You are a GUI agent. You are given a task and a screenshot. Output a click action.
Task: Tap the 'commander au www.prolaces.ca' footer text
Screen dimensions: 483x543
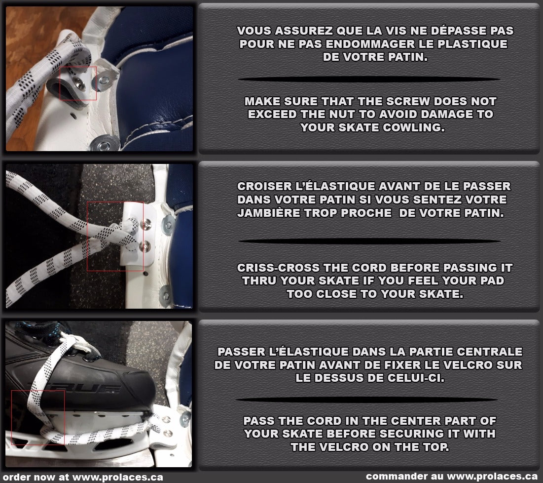[451, 477]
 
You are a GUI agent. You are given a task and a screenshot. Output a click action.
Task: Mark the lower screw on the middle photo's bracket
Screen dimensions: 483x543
[145, 245]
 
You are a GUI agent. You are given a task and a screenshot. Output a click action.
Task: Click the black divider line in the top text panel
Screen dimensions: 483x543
[368, 79]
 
